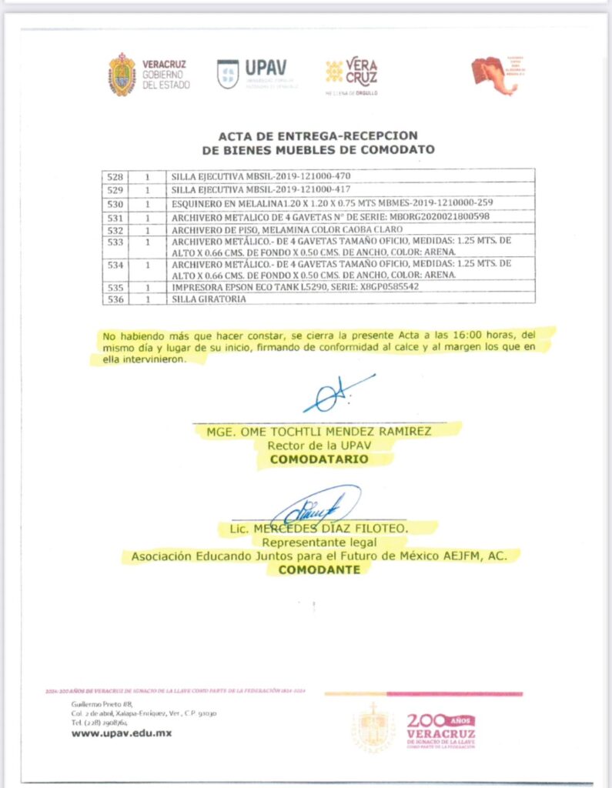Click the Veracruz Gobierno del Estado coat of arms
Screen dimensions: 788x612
(x=122, y=75)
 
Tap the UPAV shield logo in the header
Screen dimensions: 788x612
(x=228, y=74)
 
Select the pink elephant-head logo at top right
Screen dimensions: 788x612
(x=496, y=75)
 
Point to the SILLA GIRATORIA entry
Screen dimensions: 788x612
(x=209, y=299)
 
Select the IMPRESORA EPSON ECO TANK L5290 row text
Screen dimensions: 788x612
(x=295, y=287)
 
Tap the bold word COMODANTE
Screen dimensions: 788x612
(x=319, y=570)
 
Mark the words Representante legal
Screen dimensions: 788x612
(x=319, y=542)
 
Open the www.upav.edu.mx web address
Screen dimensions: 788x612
(x=122, y=733)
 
